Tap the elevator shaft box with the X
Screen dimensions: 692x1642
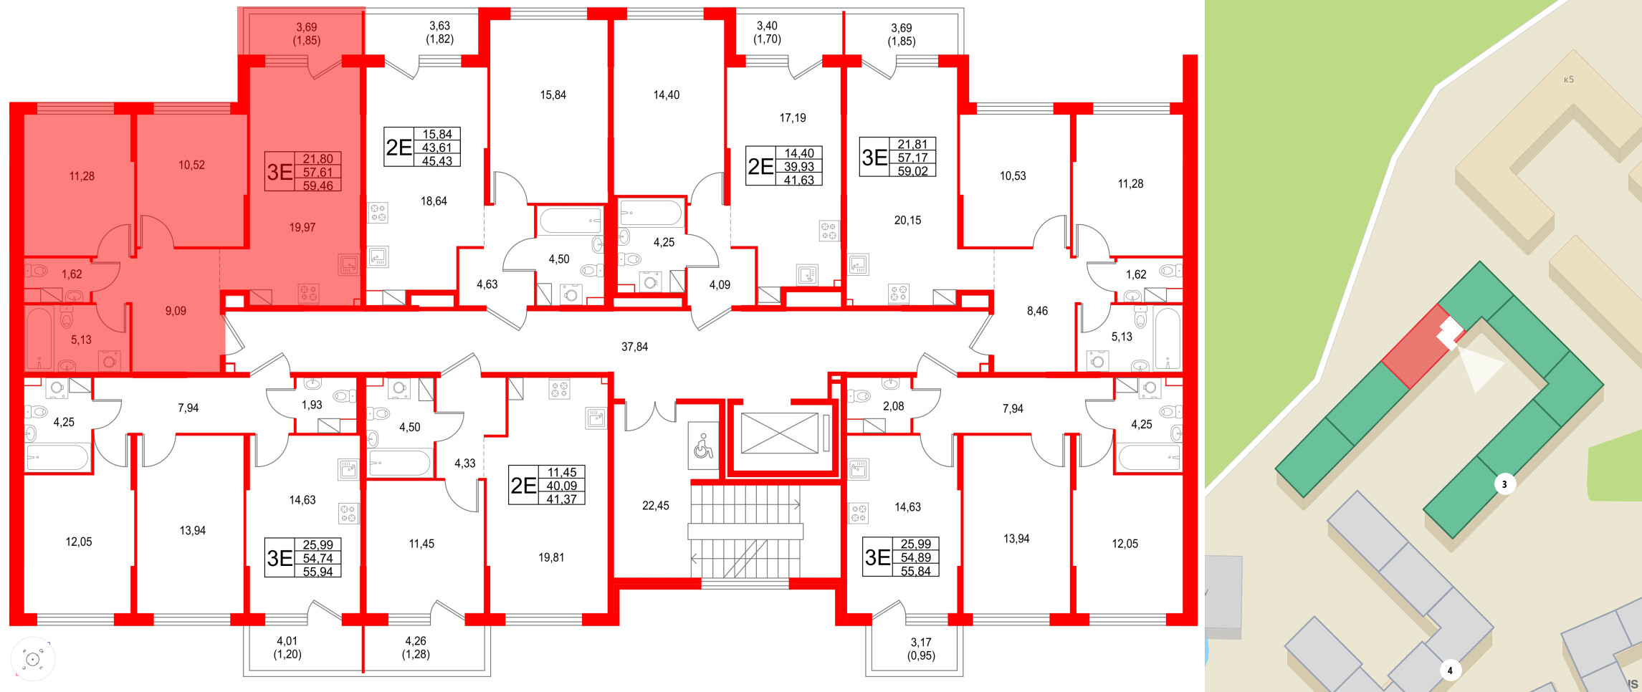click(779, 433)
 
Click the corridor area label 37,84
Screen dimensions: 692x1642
click(634, 347)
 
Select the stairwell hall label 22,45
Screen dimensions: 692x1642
click(655, 506)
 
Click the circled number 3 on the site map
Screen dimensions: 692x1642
click(1504, 484)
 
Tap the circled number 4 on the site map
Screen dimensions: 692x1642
click(1449, 671)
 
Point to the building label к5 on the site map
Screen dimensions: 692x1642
click(1568, 80)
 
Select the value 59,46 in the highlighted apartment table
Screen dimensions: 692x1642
click(318, 186)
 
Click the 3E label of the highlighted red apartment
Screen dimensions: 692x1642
click(280, 172)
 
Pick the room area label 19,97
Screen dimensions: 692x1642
click(302, 228)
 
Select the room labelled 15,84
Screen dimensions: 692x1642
click(553, 95)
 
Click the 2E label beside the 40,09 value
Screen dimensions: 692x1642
click(523, 486)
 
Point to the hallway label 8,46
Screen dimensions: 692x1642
click(1036, 311)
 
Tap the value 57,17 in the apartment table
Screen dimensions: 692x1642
click(912, 158)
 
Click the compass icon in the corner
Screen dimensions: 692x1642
click(32, 658)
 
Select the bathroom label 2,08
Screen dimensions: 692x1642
click(893, 406)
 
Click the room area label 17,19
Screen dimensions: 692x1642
click(792, 118)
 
